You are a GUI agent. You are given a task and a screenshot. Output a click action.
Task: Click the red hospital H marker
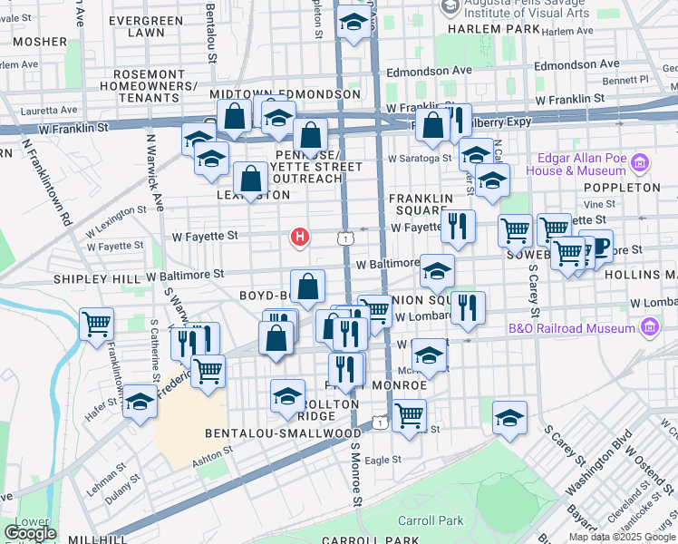(x=300, y=238)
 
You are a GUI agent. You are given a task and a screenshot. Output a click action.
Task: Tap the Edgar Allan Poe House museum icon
(x=640, y=163)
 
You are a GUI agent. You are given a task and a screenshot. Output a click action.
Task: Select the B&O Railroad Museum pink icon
(x=649, y=326)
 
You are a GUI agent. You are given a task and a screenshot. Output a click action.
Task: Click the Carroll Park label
(x=431, y=521)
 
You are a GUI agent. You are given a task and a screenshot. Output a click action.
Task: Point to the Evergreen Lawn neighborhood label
(x=134, y=25)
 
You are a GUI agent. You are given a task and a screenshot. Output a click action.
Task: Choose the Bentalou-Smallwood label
(x=284, y=433)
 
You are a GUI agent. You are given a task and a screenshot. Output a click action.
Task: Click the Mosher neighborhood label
(x=40, y=42)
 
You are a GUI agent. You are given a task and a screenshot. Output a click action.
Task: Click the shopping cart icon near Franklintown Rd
(x=96, y=324)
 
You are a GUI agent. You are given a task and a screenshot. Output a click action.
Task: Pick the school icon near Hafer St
(x=140, y=401)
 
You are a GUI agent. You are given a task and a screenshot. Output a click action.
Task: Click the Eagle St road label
(x=383, y=460)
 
